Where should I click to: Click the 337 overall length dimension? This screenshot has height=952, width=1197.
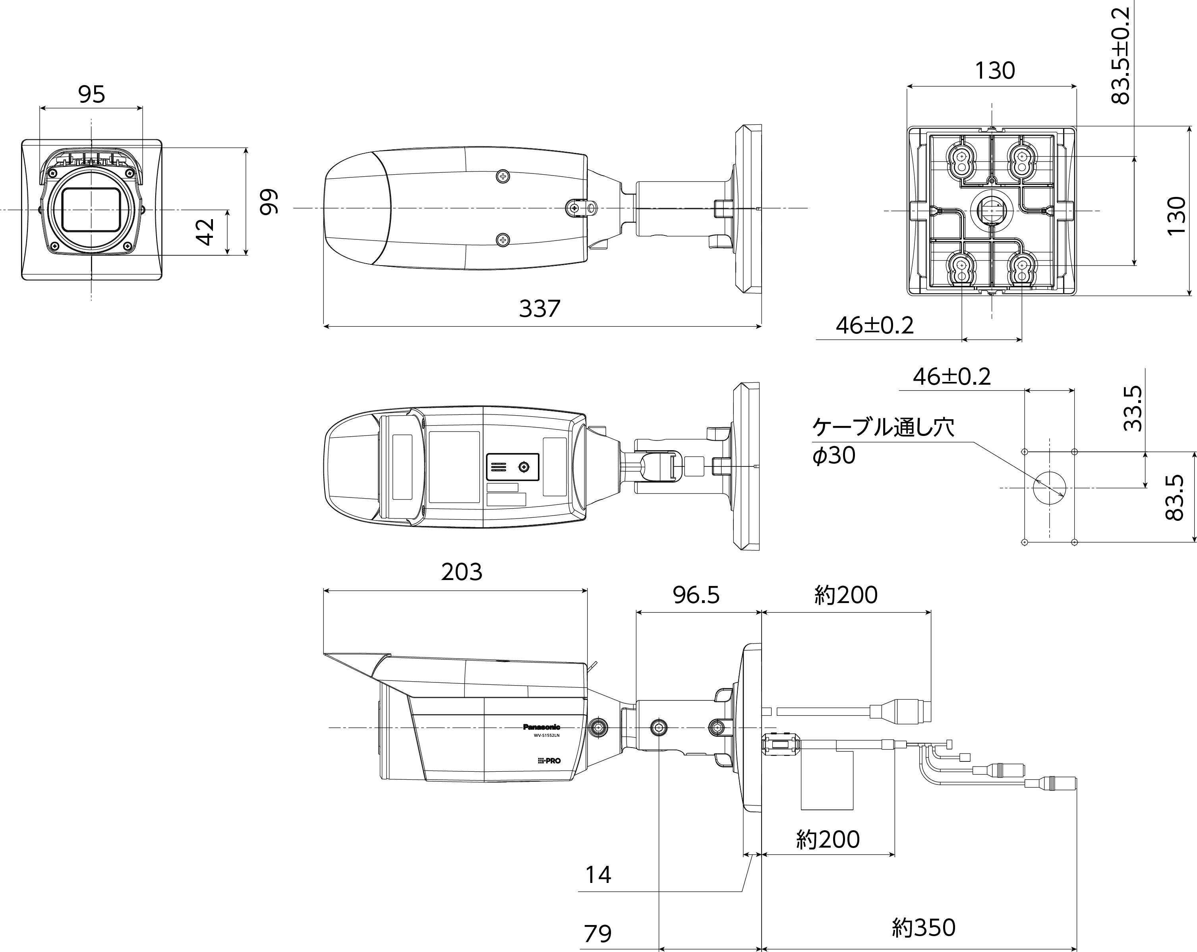tap(540, 308)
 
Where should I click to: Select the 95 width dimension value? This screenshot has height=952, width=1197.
tap(92, 94)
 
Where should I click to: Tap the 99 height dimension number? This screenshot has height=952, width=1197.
tap(269, 202)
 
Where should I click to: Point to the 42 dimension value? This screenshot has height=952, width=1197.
tap(205, 232)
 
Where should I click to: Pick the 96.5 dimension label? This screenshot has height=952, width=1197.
tap(696, 595)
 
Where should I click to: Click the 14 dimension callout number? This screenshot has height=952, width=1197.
tap(598, 875)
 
